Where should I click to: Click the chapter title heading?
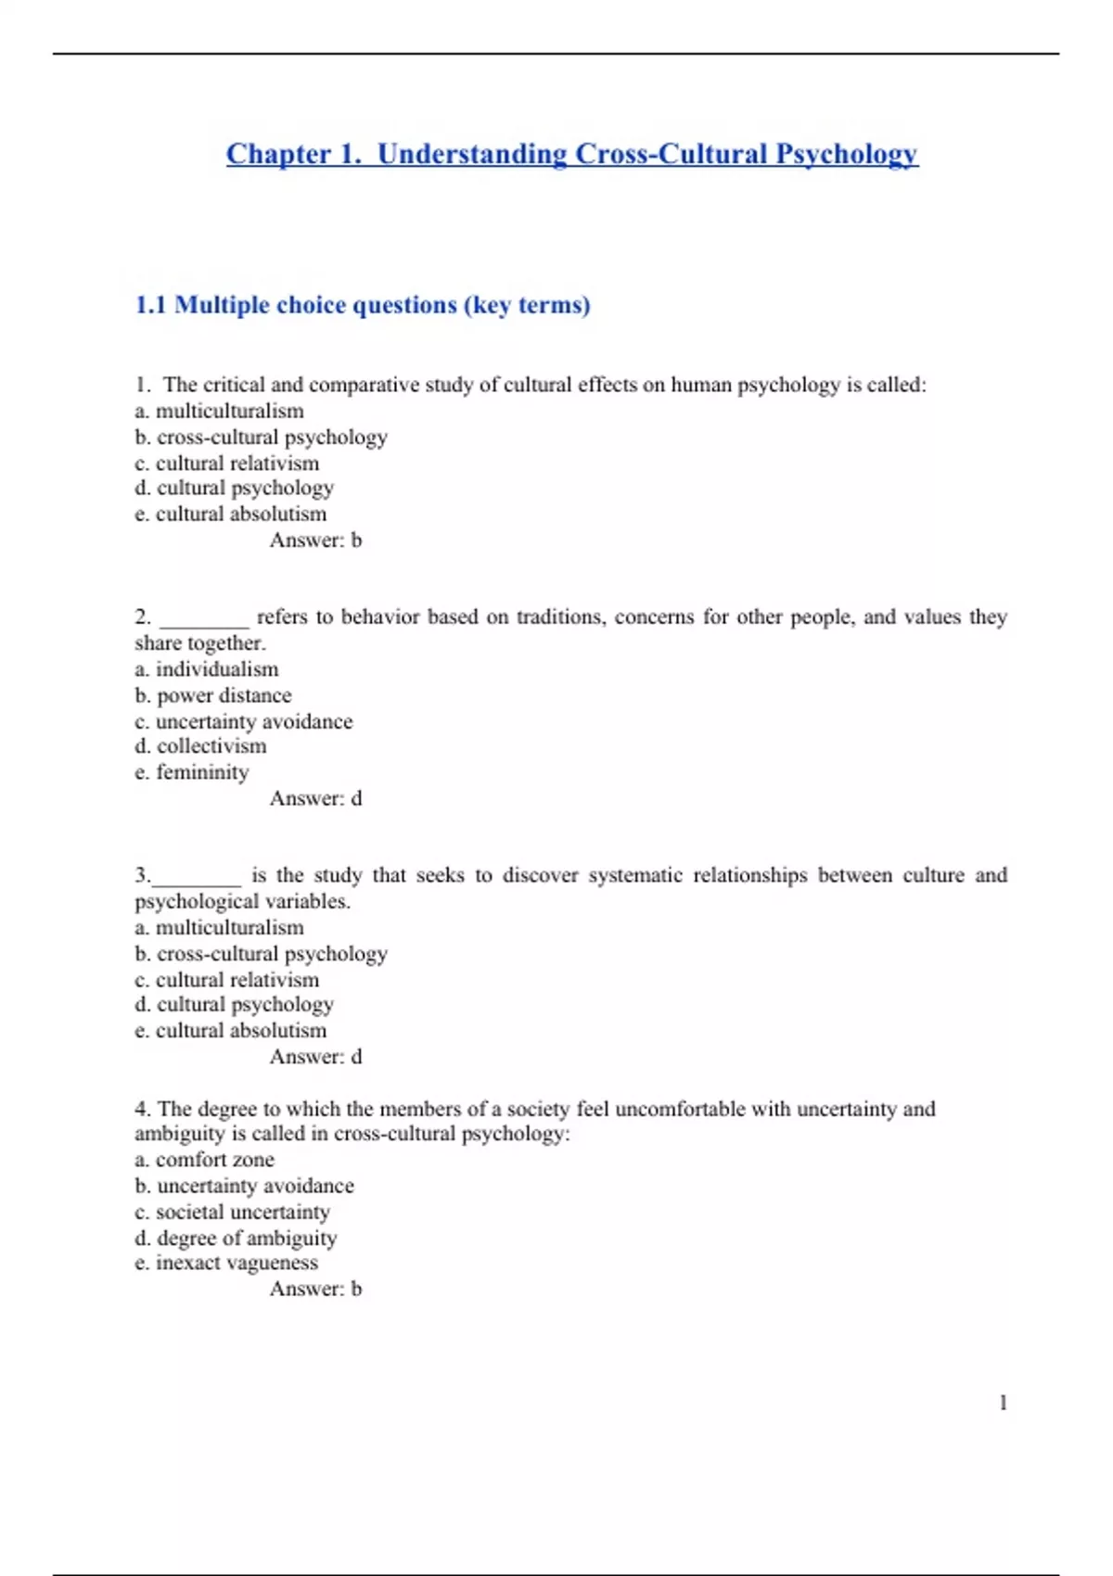(571, 154)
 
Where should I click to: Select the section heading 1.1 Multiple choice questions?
(363, 305)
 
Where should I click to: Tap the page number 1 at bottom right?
(1003, 1403)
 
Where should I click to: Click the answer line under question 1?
(315, 540)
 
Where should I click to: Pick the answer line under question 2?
(315, 798)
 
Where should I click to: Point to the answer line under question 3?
(315, 1057)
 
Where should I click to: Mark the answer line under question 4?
(315, 1289)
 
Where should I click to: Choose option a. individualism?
(206, 669)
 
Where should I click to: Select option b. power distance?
(212, 695)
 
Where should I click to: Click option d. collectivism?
(200, 746)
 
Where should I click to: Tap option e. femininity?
(192, 772)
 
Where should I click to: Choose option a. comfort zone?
(204, 1160)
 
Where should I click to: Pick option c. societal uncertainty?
(232, 1212)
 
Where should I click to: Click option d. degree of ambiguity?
(236, 1238)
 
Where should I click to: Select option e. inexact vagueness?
(226, 1263)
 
